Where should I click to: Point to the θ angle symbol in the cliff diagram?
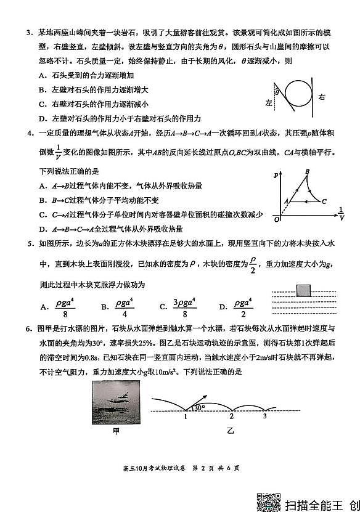click(277, 92)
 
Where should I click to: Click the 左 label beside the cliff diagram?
click(268, 102)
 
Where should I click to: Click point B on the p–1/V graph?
click(306, 172)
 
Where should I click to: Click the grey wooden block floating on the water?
click(303, 291)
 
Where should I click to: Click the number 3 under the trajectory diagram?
click(265, 417)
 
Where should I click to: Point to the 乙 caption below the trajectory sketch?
click(231, 432)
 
